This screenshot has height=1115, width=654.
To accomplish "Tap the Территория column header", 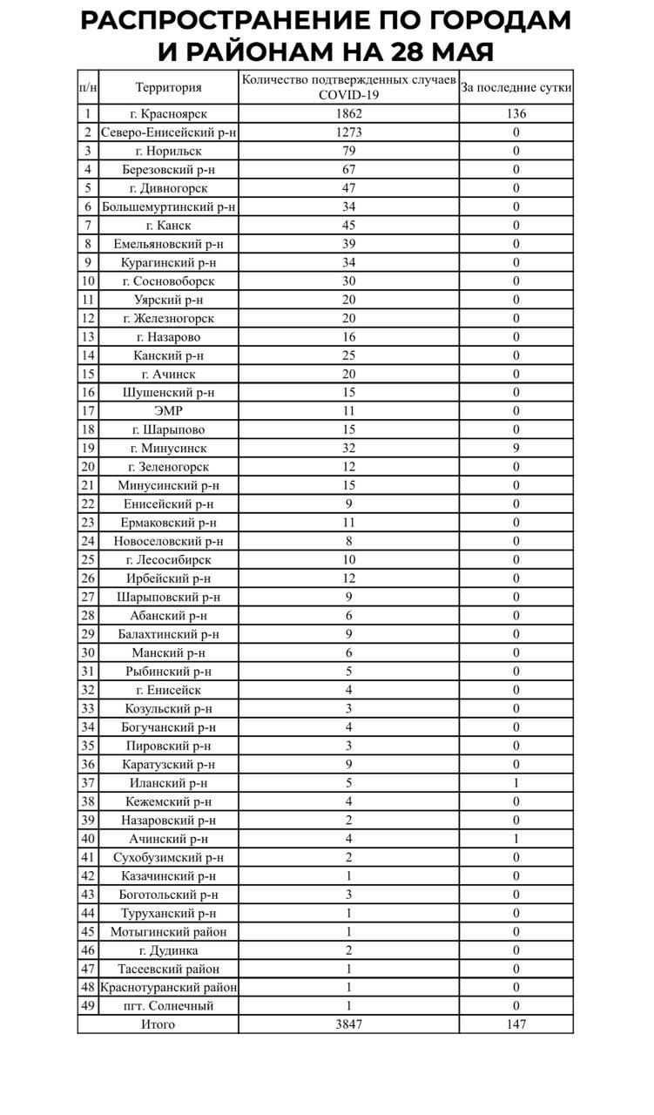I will [x=168, y=87].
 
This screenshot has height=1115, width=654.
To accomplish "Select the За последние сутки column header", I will [x=516, y=87].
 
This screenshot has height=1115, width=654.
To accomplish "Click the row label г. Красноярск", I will [x=168, y=113].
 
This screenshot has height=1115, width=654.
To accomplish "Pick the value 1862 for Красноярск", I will [x=348, y=113].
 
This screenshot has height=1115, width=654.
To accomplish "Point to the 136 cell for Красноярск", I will [x=516, y=113].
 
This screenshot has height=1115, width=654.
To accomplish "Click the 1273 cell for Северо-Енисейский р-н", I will [x=348, y=132].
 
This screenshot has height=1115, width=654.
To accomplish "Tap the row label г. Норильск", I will [x=168, y=151].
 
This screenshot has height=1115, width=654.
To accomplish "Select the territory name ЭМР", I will [x=168, y=411].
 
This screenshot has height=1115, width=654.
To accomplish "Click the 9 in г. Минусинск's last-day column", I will [x=516, y=448].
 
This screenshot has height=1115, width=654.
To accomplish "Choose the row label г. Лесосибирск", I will [x=168, y=559].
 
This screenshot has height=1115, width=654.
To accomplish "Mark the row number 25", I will [x=88, y=559].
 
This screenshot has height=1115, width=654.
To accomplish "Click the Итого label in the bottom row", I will [x=158, y=1024].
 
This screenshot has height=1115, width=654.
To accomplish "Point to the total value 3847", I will [x=348, y=1024].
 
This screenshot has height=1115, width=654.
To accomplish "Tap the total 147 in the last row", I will [x=516, y=1024].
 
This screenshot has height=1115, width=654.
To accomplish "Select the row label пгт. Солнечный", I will [x=168, y=1006].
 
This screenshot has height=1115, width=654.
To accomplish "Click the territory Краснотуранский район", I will [x=168, y=987].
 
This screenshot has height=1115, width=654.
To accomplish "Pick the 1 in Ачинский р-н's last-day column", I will [x=516, y=839].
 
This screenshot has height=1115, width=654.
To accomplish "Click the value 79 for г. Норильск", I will [x=348, y=151].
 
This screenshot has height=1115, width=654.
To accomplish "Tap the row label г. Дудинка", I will [x=168, y=950].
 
